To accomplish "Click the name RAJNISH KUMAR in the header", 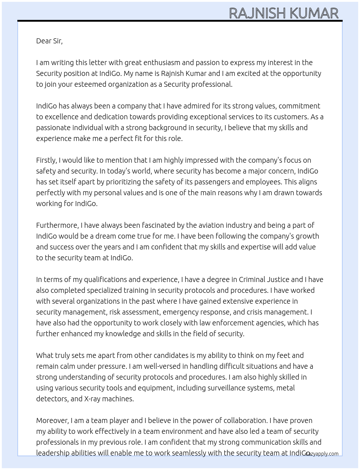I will [284, 13].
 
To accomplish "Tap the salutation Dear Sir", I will [49, 41].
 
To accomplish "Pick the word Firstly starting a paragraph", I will [46, 160].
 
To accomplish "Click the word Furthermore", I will [57, 225].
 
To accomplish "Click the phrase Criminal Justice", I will [264, 279].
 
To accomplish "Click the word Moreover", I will [52, 420].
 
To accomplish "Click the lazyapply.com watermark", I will [322, 454].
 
